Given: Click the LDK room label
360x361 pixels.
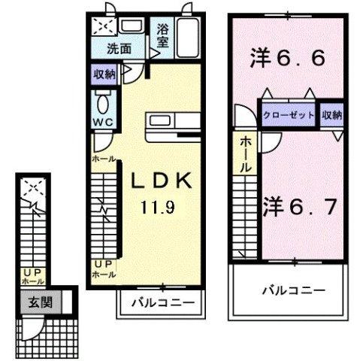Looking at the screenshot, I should click(165, 181).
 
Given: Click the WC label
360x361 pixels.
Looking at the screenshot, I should click(102, 121).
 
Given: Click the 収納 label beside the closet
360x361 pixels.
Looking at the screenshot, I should click(332, 115).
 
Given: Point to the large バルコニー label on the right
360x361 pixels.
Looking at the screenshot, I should click(294, 290).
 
